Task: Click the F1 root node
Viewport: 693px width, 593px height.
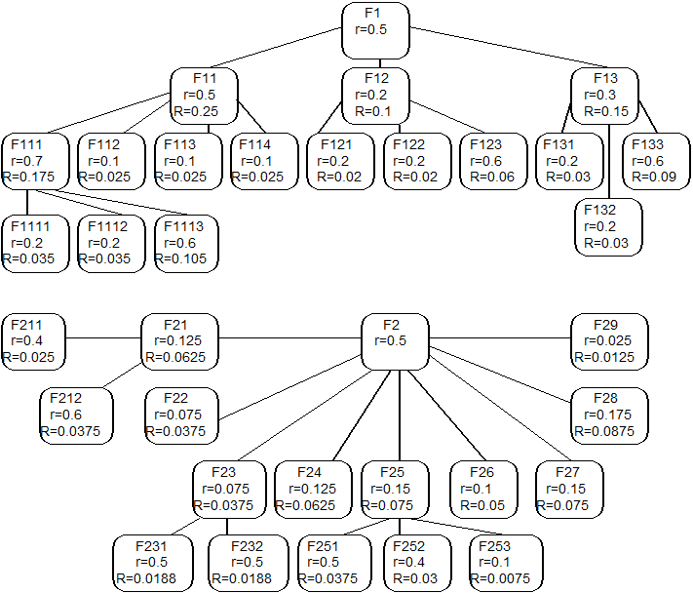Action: tap(375, 30)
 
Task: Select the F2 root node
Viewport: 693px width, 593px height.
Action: tap(395, 341)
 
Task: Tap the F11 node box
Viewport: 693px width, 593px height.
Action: tap(204, 96)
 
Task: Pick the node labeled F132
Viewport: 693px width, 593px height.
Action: tap(608, 227)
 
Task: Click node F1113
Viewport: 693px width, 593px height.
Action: tap(186, 244)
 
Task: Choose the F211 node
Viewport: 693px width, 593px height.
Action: tap(33, 341)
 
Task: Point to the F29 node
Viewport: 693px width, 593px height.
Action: tap(609, 341)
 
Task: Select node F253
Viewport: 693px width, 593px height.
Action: tap(506, 563)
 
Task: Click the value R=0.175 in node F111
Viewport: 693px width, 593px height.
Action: tap(28, 177)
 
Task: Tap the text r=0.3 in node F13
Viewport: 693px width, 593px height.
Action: tap(599, 95)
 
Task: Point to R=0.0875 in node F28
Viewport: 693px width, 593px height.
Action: tap(604, 431)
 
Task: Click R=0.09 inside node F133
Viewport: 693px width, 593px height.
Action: tap(654, 177)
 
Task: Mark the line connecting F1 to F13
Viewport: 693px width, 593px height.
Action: tap(508, 48)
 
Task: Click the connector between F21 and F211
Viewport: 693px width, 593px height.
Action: tap(103, 338)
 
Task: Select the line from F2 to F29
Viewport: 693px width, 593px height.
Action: tap(500, 338)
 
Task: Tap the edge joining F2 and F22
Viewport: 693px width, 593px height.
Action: tap(290, 387)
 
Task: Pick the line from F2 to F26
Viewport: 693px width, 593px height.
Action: tap(446, 415)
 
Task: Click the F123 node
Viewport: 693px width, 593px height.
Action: tap(493, 161)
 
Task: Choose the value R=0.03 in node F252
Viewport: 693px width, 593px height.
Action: tap(415, 578)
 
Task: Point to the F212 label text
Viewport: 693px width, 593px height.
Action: tap(66, 399)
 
